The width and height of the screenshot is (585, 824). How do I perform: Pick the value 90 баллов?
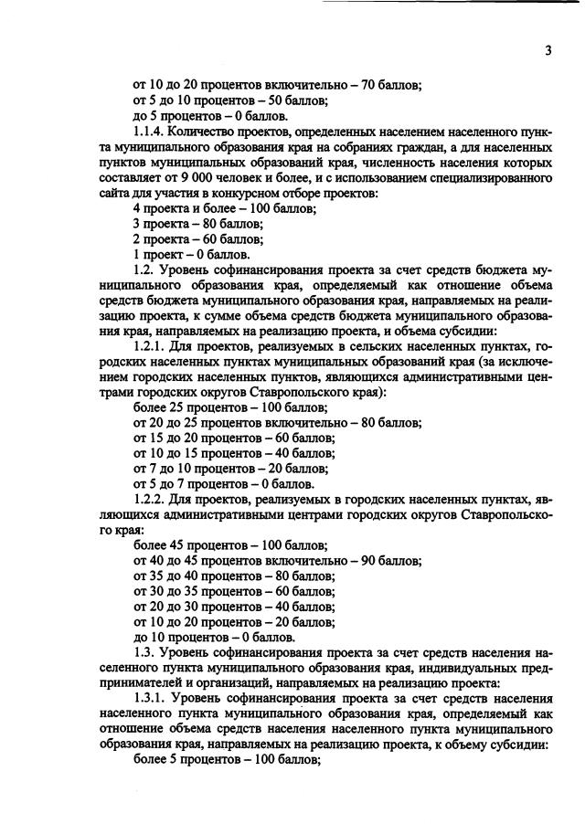pyautogui.click(x=392, y=561)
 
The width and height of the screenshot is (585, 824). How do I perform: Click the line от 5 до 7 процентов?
pyautogui.click(x=224, y=484)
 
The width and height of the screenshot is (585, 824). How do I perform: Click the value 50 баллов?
pyautogui.click(x=301, y=100)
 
